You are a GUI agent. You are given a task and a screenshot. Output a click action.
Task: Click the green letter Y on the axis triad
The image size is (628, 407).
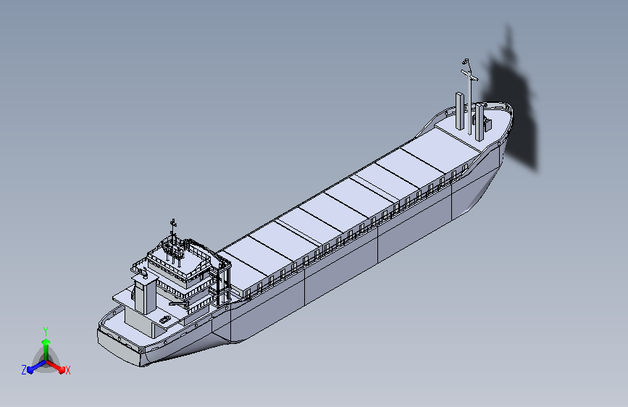[46, 331]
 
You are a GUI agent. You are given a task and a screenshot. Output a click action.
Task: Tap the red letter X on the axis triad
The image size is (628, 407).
[67, 370]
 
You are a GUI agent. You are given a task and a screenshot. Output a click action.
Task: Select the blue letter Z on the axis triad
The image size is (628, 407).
[24, 370]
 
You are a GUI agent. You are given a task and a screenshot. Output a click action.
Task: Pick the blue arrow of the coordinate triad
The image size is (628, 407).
[36, 366]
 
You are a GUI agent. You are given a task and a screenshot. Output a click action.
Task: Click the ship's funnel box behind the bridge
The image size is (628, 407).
[146, 295]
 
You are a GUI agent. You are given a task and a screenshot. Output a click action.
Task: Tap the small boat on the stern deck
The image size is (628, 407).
[164, 319]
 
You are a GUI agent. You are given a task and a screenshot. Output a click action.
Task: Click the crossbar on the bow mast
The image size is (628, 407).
[469, 75]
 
